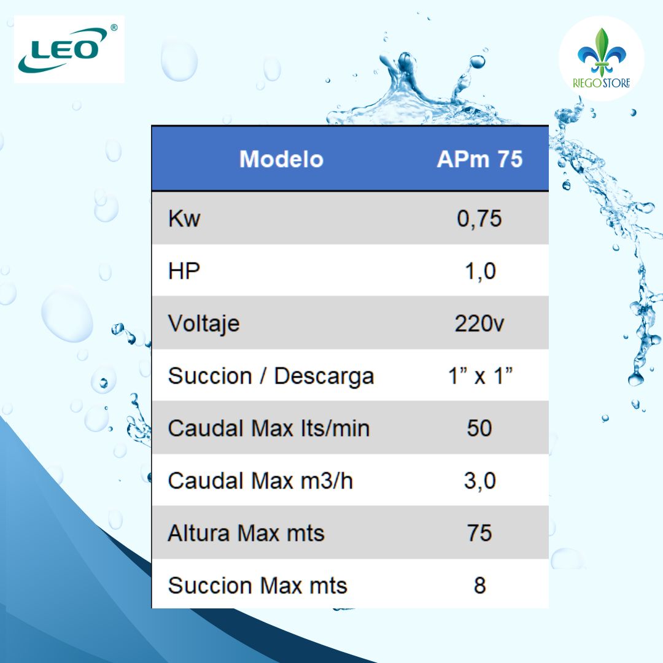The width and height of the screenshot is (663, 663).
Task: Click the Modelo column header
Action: (281, 160)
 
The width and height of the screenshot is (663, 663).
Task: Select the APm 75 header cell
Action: (479, 160)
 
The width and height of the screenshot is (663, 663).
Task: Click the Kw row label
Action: (184, 219)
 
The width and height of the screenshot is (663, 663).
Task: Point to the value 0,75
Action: (479, 219)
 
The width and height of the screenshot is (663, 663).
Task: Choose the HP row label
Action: (184, 271)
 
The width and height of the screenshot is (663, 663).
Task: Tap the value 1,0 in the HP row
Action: (479, 271)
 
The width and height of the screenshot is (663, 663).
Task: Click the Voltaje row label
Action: (204, 324)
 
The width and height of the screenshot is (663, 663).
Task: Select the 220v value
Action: (479, 324)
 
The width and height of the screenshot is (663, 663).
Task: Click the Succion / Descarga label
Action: (271, 376)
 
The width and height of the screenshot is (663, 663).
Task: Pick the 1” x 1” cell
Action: (479, 376)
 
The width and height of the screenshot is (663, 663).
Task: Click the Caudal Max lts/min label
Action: (269, 428)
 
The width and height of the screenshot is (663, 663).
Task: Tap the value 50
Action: (479, 428)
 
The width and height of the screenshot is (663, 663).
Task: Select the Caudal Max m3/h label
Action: (260, 481)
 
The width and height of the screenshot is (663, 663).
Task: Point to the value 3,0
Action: (479, 481)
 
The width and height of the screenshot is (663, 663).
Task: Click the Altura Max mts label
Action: (246, 533)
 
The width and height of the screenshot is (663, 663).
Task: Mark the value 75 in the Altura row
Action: (479, 533)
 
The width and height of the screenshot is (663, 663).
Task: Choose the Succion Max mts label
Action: (257, 586)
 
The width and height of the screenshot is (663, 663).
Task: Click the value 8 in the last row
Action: (479, 586)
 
